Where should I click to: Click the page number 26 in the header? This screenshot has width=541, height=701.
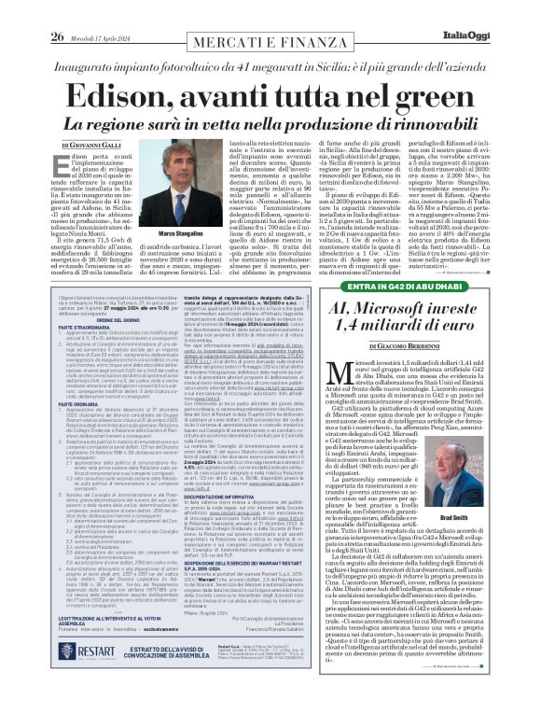[57, 11]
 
